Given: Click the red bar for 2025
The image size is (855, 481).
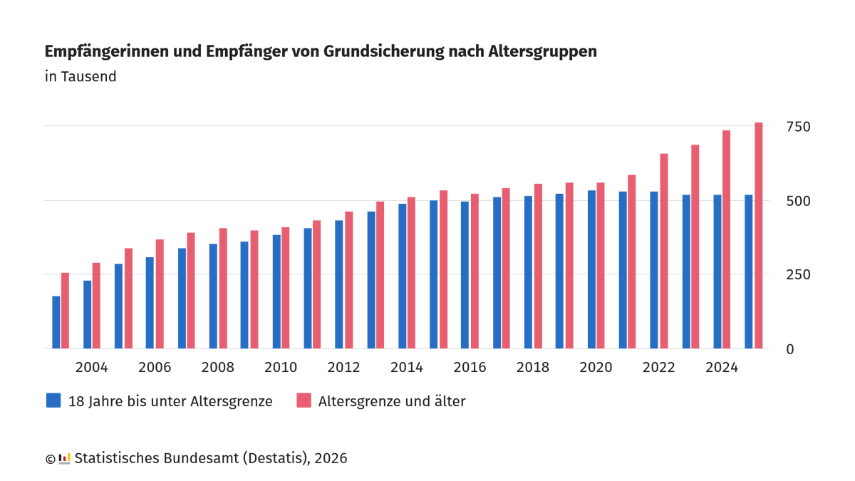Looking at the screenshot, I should (758, 235).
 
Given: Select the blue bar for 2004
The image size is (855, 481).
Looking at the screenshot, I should (87, 314).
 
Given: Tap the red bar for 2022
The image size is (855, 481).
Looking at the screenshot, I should (664, 251).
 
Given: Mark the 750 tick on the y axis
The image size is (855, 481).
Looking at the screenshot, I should (798, 127).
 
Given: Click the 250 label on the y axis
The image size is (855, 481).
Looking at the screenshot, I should (798, 275).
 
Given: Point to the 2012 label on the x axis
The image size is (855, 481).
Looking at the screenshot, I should (343, 368).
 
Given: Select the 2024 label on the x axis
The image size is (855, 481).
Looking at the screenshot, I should (721, 368).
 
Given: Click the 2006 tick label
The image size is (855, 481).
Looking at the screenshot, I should (155, 368).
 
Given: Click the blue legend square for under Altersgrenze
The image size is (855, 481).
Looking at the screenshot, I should (53, 400).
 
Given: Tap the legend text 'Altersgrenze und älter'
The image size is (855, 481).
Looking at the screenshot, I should (391, 401).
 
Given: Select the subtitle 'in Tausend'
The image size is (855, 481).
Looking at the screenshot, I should (81, 76).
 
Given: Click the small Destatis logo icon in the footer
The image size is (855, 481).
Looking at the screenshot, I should (64, 458).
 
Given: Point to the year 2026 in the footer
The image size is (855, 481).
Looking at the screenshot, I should (331, 458).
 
